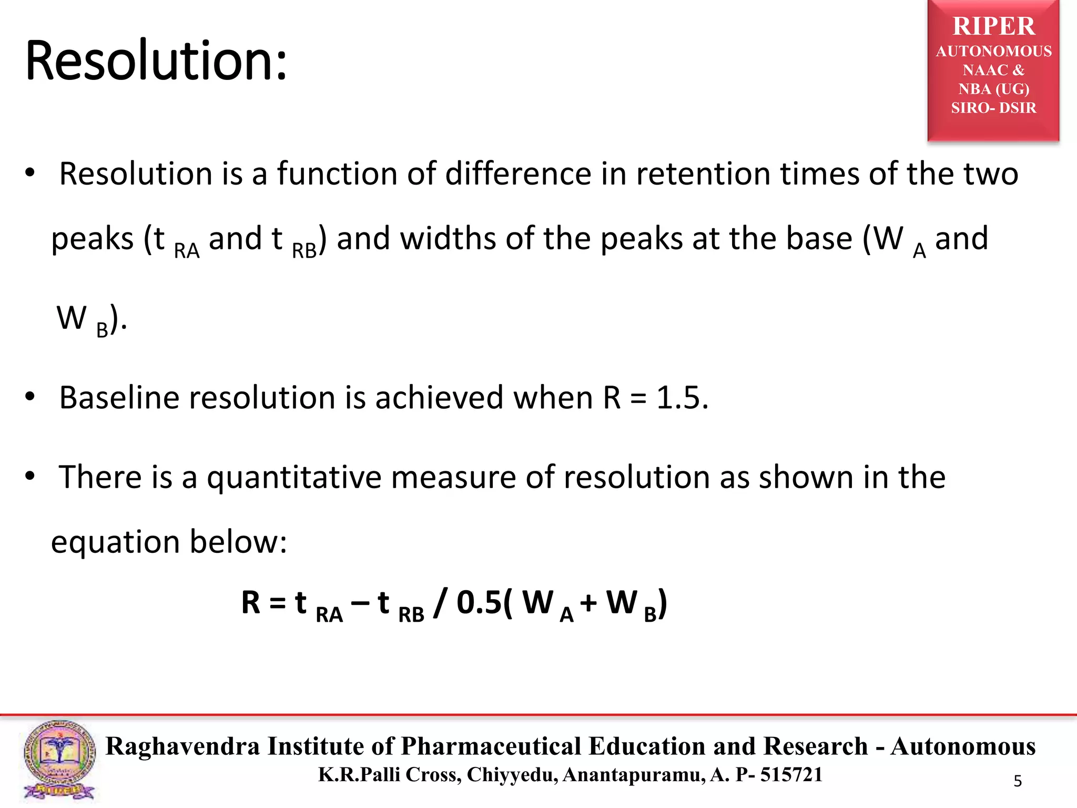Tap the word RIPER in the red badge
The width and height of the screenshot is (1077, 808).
(x=993, y=26)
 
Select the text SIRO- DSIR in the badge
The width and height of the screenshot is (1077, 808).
(x=993, y=108)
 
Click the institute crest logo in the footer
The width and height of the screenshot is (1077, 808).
(x=59, y=760)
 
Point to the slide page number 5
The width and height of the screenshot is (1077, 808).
(x=1018, y=781)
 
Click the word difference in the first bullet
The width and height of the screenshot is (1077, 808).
(x=518, y=174)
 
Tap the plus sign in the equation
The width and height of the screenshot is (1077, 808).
(x=588, y=603)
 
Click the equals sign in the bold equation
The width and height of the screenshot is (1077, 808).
(x=277, y=603)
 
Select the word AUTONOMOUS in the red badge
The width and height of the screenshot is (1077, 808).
(x=993, y=52)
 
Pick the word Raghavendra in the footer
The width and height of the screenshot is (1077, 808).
(x=182, y=746)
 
